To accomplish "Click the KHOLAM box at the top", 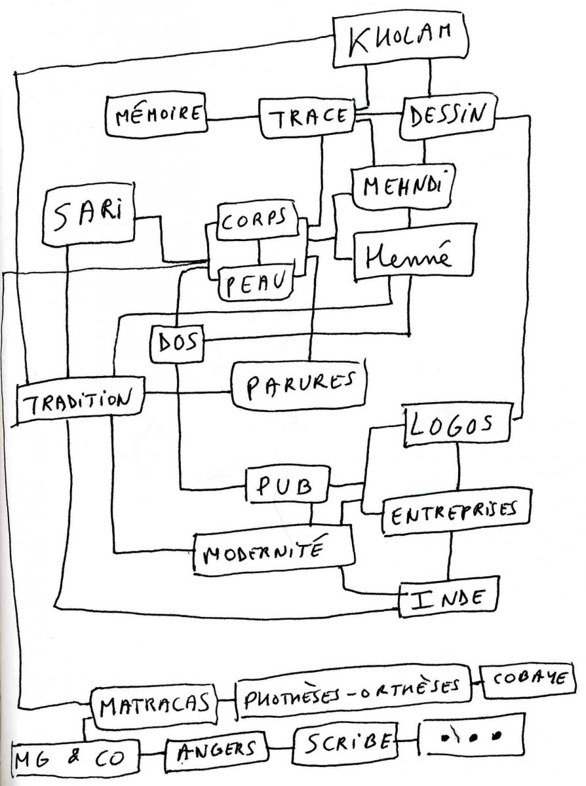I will click(x=401, y=40).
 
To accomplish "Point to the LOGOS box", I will click(x=455, y=426).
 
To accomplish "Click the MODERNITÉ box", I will click(x=274, y=553).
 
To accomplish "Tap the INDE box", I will click(x=448, y=597).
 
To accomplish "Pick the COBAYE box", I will click(x=528, y=681).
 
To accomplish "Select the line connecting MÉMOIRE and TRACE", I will click(x=233, y=119).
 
